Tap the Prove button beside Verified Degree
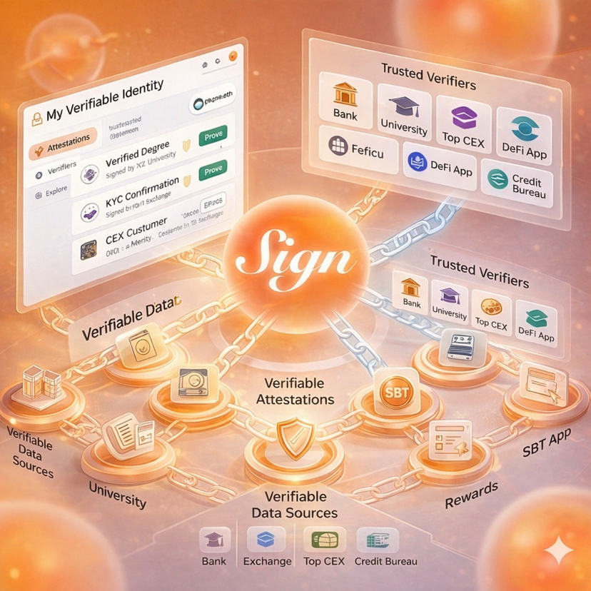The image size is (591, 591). tap(213, 133)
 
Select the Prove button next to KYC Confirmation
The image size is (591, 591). tap(213, 171)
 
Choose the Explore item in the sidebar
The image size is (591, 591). tap(56, 190)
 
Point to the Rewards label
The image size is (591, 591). tap(470, 496)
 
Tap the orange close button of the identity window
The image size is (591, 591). tap(232, 57)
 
